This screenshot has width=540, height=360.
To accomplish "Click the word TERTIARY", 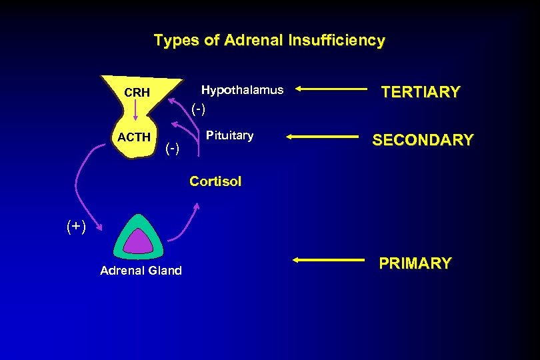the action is (x=420, y=92).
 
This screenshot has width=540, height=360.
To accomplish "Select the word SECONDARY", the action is (x=423, y=140).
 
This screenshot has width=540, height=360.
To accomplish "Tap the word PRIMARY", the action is (x=415, y=263).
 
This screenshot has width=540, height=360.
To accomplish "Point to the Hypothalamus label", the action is (x=242, y=90).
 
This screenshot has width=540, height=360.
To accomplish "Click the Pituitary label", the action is (x=229, y=136).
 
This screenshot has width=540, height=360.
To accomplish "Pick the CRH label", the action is (x=137, y=93).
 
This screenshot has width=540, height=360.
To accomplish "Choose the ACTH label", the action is (x=134, y=137).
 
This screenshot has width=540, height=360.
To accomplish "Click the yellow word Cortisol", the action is (x=215, y=181).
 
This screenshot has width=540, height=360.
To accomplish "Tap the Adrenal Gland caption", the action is (x=141, y=271).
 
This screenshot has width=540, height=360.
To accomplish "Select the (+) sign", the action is (x=76, y=227).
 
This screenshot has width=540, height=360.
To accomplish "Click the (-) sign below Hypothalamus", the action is (x=199, y=108).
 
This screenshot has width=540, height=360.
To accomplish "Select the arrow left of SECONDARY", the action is (x=323, y=137).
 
